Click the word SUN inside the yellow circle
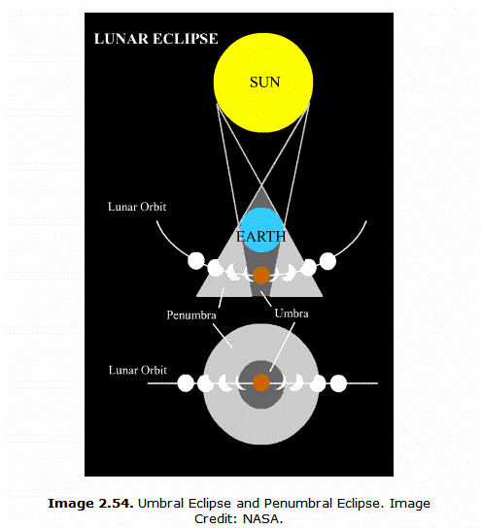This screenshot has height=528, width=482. (x=265, y=82)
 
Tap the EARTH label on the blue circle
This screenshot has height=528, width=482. (x=261, y=237)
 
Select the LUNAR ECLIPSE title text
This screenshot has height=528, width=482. (x=156, y=39)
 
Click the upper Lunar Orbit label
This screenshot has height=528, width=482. (x=137, y=207)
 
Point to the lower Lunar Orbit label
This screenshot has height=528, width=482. (x=138, y=370)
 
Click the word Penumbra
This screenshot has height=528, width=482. (x=191, y=315)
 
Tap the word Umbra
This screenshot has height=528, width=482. (x=292, y=313)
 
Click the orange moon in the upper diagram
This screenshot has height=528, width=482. (x=261, y=275)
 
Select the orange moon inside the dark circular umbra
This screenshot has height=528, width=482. (x=261, y=382)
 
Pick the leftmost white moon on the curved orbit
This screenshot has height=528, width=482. (x=196, y=261)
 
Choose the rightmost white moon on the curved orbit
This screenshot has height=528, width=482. (x=327, y=261)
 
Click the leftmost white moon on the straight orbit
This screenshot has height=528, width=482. (x=186, y=383)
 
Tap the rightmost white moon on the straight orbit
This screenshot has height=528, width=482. (x=338, y=383)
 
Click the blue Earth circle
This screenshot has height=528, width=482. (x=261, y=230)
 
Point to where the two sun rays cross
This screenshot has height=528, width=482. (x=262, y=185)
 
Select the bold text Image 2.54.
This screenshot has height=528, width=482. (x=90, y=504)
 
